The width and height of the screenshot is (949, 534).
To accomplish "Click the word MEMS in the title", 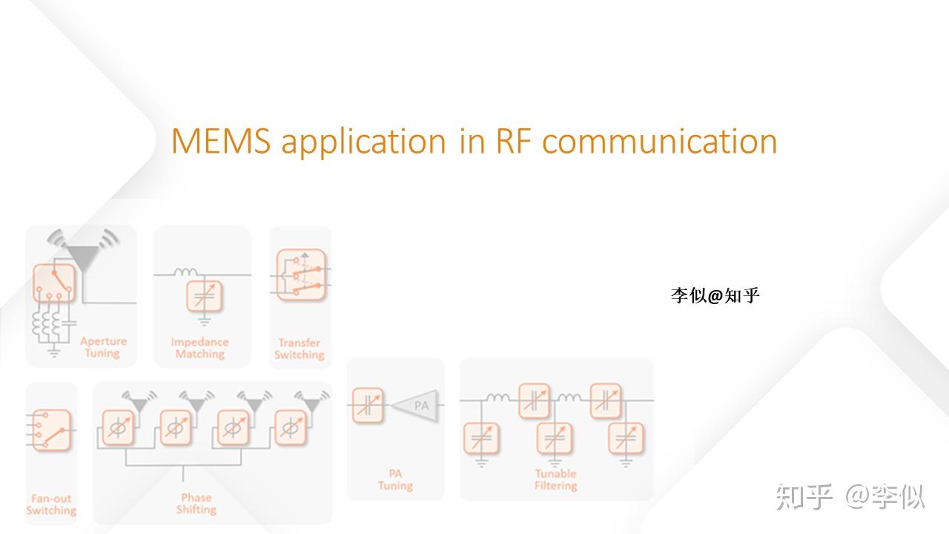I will (221, 142).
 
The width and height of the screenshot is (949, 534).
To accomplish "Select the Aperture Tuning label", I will (103, 347).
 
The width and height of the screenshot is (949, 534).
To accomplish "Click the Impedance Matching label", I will (199, 348).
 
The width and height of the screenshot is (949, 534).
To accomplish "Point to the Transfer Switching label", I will (299, 349).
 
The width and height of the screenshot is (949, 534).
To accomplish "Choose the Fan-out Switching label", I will (51, 504).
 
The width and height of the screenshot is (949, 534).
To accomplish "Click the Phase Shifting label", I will (196, 503).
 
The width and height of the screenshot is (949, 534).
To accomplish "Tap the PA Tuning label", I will (395, 479).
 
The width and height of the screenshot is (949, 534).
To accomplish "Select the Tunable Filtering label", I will (555, 479).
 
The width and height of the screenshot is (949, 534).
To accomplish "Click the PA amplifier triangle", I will (417, 406).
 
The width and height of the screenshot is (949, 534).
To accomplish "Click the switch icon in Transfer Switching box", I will (301, 274).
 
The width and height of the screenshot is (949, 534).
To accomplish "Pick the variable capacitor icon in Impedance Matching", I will (203, 297).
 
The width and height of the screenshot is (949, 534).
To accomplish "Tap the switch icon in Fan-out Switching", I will (51, 430).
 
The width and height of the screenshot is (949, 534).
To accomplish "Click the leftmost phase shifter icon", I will (117, 428).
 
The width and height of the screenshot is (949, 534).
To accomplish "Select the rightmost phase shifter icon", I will (291, 428).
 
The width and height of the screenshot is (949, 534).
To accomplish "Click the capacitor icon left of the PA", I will (368, 406).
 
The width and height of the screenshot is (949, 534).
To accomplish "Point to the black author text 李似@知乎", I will (715, 296).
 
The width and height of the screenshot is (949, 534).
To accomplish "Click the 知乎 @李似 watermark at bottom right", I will (850, 496).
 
